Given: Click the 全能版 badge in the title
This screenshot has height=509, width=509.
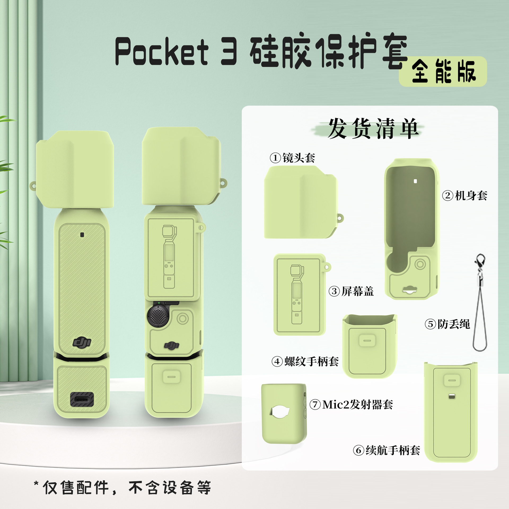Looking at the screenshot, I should point(443,72).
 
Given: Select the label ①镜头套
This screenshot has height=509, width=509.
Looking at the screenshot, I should point(292,158).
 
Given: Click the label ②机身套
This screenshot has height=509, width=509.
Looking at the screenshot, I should point(465,196).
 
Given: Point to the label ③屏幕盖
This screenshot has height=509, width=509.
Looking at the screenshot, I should point(351,291).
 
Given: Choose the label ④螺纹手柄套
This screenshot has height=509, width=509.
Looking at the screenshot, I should point(305,361).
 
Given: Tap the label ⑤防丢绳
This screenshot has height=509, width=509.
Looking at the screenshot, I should point(447,324).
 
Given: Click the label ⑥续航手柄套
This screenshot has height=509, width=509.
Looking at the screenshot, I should point(387,450).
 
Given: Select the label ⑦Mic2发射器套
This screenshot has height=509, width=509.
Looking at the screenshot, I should point(351,405).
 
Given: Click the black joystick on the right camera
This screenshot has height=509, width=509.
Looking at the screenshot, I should point(158,316).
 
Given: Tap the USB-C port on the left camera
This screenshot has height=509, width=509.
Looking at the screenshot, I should point(82,399).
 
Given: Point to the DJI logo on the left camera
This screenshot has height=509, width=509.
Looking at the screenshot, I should point(82,342).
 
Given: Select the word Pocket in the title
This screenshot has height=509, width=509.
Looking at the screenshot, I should point(162,52).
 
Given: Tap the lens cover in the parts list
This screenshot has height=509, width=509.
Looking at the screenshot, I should point(301,203).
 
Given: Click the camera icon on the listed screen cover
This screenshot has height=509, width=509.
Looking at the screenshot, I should point(297,294).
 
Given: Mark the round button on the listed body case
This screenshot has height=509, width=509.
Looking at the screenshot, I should point(420,264).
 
